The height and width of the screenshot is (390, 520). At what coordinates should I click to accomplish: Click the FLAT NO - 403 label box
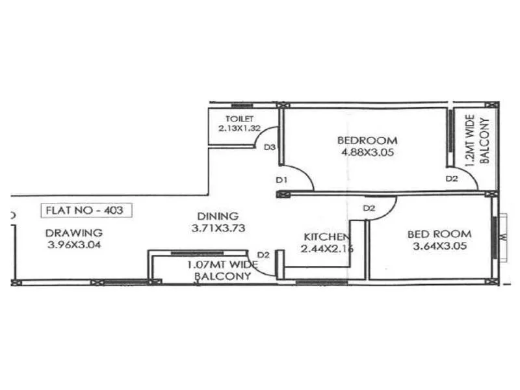coord(86,211)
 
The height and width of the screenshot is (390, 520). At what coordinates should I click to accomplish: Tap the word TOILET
coord(235,119)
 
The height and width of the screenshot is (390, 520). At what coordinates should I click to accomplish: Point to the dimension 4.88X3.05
coord(367,153)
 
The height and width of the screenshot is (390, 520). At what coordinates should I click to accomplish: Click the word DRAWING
coord(73,233)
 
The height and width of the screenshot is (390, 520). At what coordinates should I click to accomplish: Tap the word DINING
coord(218,216)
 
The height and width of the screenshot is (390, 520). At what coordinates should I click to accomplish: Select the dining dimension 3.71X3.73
coord(218,228)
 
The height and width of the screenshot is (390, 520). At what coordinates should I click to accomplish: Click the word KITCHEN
coord(328,237)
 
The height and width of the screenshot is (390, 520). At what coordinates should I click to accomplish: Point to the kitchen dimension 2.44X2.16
coord(327,248)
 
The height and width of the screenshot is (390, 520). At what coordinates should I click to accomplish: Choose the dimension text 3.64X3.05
coord(439,247)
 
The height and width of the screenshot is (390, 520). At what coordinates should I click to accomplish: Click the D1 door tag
coord(281,179)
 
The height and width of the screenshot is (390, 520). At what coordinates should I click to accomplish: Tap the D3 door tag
coord(270,148)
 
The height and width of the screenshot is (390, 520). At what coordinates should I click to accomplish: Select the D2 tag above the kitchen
coord(369,208)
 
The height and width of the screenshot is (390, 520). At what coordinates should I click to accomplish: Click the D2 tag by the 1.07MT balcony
coord(263,254)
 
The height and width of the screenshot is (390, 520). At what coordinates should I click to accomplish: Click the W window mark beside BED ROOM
coord(502,237)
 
